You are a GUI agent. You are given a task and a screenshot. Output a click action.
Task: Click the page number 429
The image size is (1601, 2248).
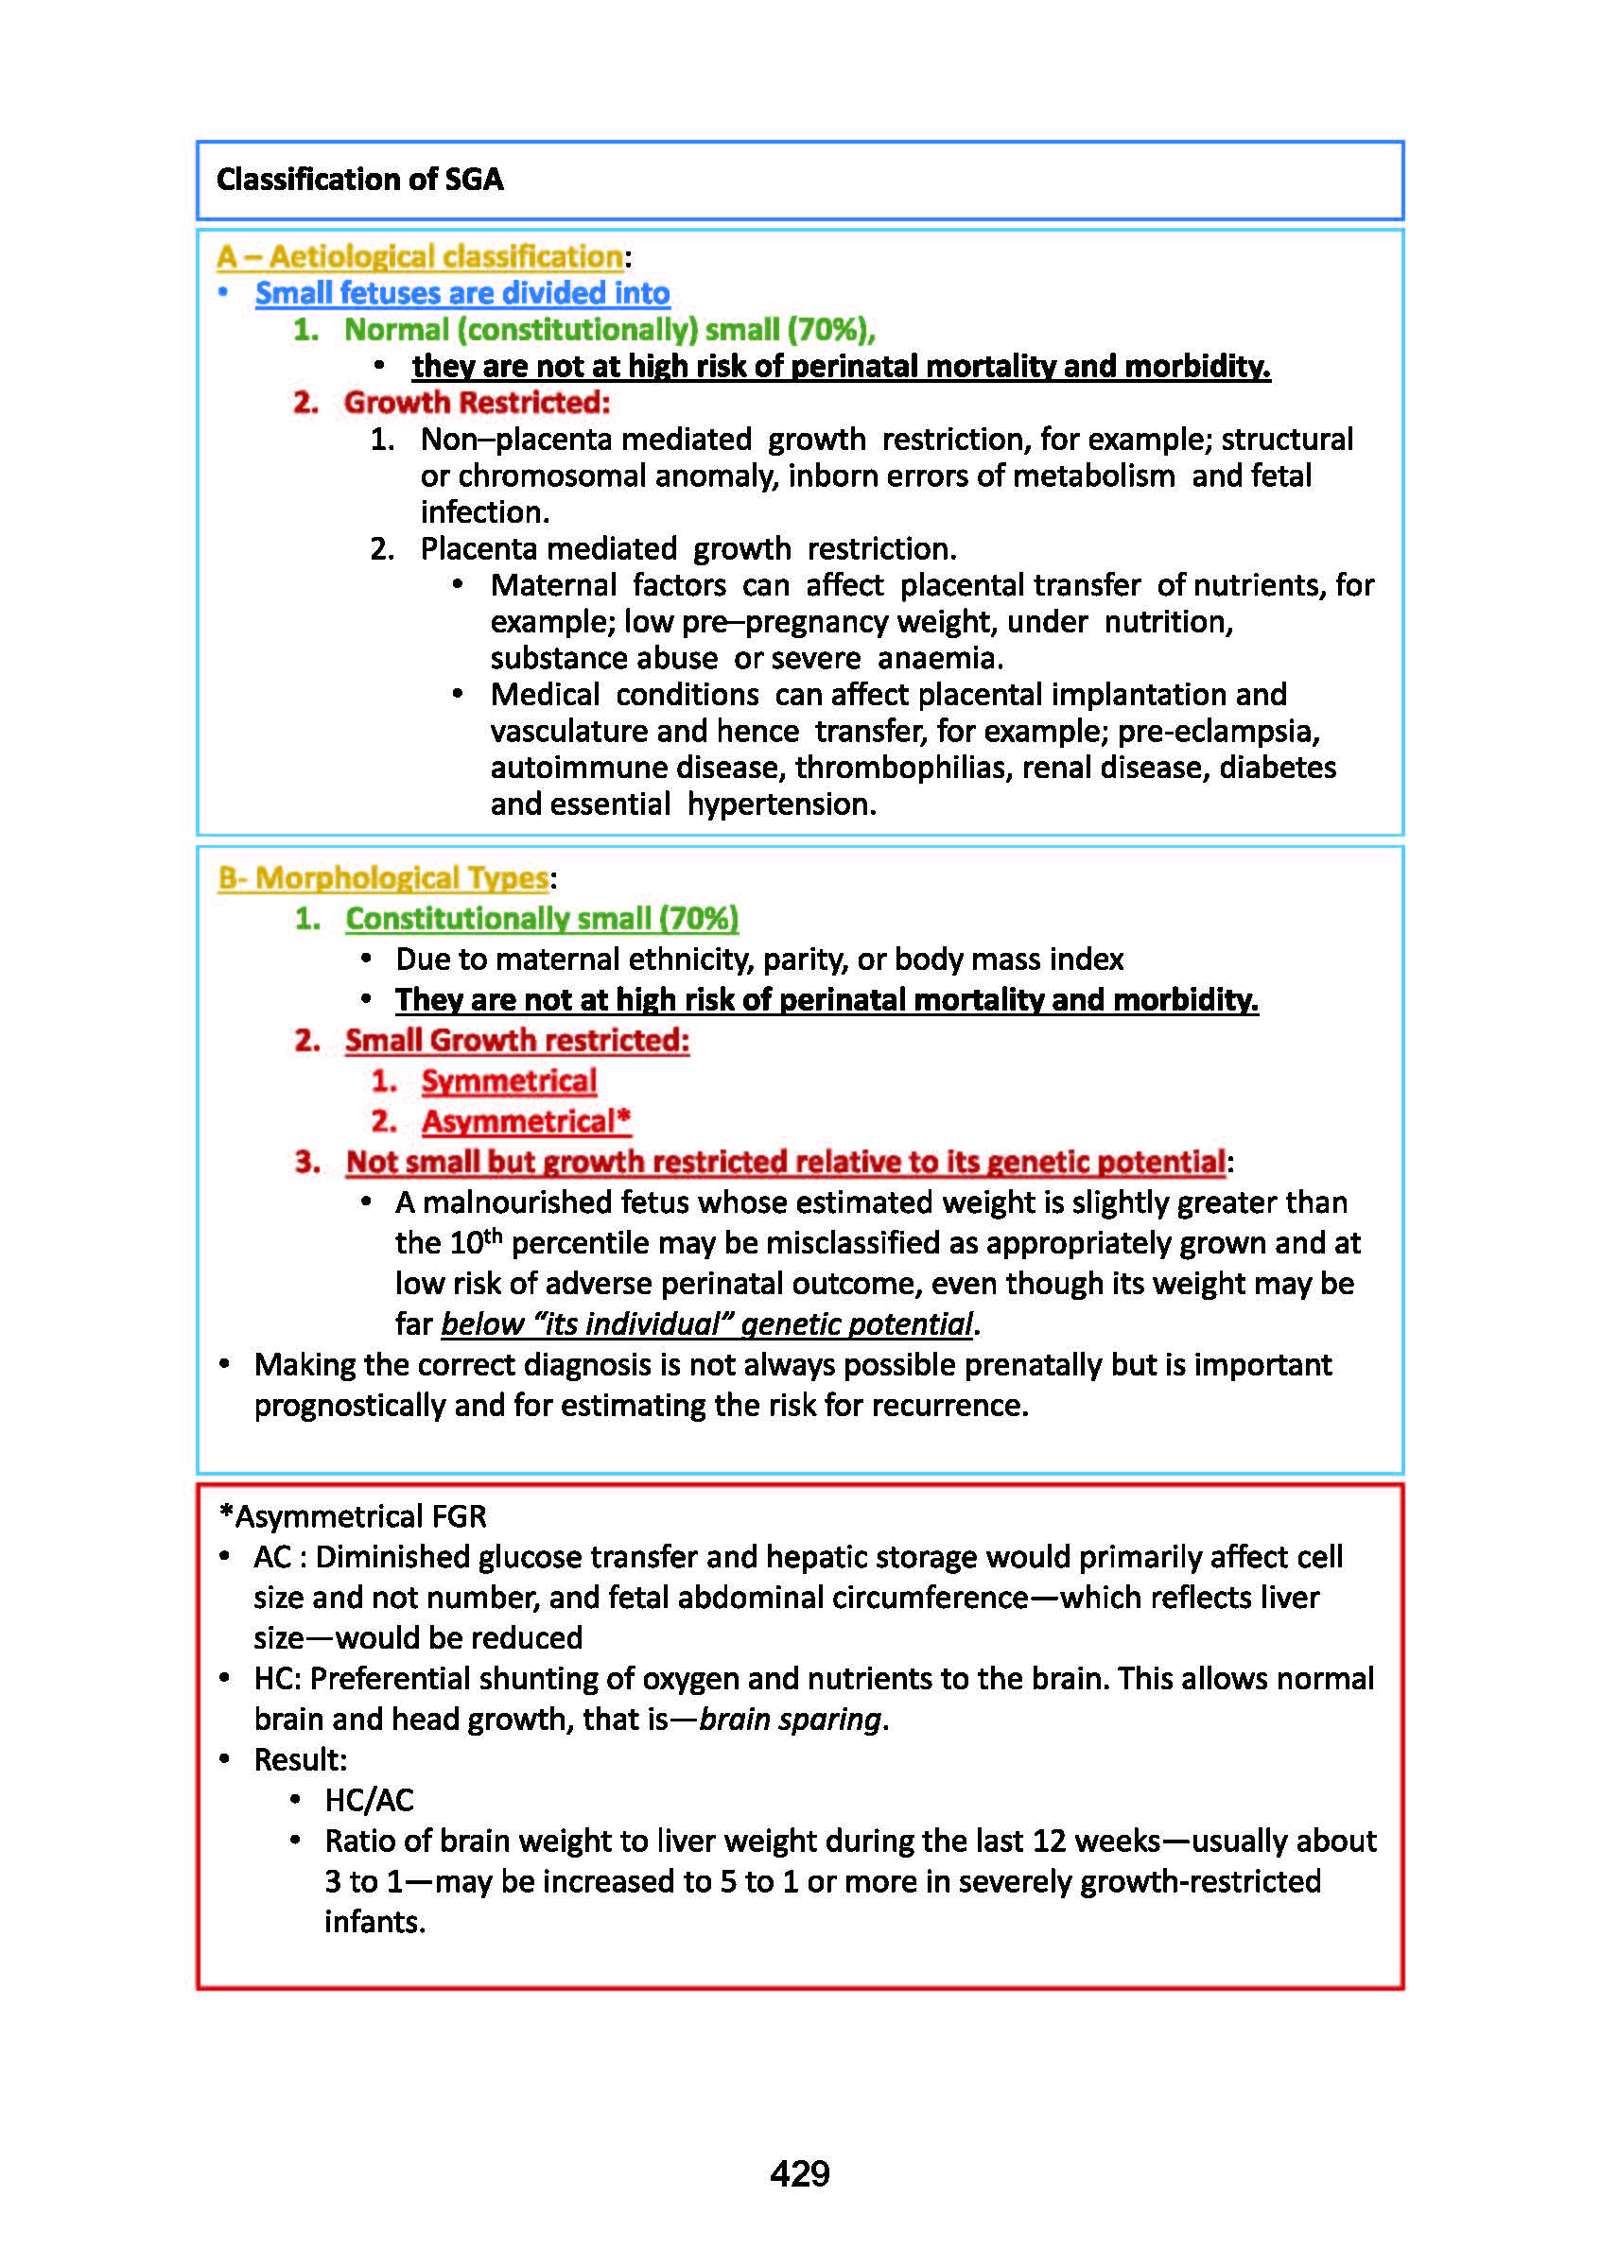click(799, 2172)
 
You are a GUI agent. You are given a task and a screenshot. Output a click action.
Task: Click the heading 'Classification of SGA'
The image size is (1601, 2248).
click(360, 180)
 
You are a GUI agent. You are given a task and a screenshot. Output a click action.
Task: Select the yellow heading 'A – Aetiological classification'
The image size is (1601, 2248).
click(420, 256)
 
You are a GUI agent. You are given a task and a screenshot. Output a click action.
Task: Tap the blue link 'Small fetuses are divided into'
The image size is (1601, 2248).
click(462, 293)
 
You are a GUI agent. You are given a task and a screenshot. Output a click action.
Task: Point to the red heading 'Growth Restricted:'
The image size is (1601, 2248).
click(478, 402)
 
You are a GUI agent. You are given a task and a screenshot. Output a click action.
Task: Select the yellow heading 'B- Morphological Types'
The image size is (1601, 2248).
click(382, 877)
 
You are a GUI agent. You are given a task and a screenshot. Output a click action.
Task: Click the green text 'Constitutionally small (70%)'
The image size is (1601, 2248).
click(541, 919)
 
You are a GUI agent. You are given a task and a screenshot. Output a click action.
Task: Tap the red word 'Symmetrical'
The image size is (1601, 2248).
click(509, 1081)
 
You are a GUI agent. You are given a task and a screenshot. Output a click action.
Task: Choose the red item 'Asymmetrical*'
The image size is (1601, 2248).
click(527, 1121)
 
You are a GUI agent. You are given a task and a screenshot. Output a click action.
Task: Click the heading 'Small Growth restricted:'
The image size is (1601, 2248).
click(516, 1041)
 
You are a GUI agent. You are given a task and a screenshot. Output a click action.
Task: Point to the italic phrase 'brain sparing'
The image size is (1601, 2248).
click(790, 1720)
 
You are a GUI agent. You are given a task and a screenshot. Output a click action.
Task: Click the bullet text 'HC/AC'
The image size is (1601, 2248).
click(370, 1801)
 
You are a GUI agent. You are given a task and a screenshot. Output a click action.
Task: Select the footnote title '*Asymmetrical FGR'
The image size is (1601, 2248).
click(352, 1516)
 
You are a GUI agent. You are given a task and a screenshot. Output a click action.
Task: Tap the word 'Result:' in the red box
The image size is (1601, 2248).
click(301, 1760)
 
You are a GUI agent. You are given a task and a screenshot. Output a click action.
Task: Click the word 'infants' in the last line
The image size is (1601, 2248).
click(373, 1922)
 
